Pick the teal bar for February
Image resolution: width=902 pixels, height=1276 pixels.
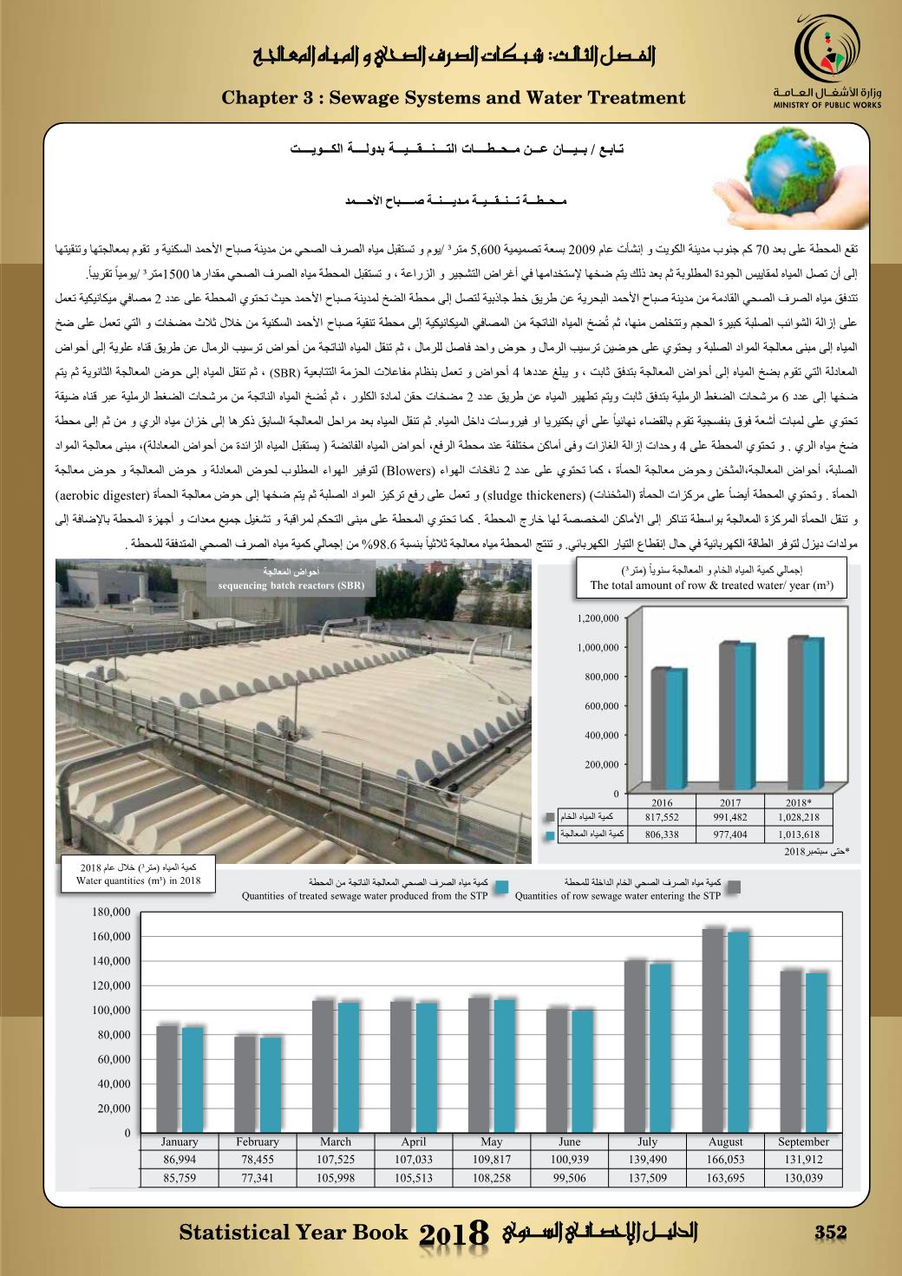271,1084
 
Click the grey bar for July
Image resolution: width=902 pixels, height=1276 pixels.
636,1046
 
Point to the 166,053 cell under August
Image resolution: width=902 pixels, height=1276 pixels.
725,1159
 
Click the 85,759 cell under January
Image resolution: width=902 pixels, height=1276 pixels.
180,1177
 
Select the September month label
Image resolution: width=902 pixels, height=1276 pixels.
803,1142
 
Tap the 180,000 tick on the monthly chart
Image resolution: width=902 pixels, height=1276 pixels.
111,912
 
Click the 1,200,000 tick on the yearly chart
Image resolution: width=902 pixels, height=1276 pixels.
598,618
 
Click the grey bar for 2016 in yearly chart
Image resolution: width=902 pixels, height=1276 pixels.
660,730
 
